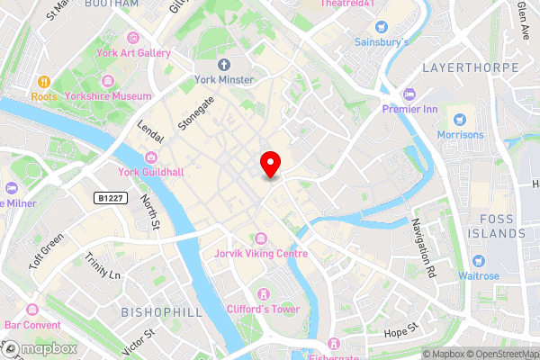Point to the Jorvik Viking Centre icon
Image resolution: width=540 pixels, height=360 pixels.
(261, 237)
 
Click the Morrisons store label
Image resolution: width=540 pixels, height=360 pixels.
(460, 134)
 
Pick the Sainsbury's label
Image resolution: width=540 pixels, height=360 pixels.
(382, 41)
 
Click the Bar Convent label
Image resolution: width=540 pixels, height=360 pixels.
(33, 325)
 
